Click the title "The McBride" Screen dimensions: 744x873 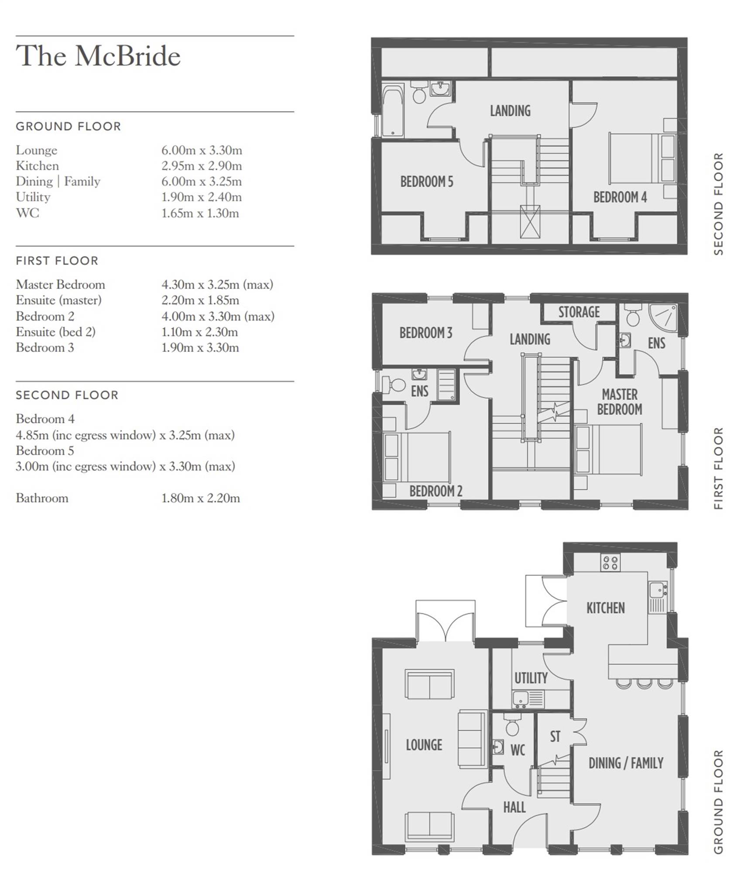(x=98, y=56)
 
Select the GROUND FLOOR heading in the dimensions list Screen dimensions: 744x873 (x=69, y=127)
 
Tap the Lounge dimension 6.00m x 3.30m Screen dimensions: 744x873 (x=202, y=150)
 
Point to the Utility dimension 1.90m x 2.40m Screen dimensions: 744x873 (x=202, y=197)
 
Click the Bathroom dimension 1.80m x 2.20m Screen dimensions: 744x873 (x=201, y=498)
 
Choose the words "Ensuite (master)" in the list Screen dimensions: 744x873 (x=59, y=300)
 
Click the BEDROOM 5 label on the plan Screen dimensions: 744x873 (x=427, y=182)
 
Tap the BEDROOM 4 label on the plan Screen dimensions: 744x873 (x=620, y=197)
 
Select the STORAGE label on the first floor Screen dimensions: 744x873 (x=579, y=312)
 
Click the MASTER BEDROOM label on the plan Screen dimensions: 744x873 (x=620, y=402)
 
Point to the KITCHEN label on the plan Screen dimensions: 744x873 (x=605, y=608)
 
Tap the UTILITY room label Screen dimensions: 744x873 (x=531, y=678)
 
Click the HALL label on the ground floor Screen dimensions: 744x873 (x=514, y=808)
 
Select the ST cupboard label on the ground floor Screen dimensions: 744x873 (x=555, y=737)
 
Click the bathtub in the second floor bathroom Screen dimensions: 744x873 (x=393, y=111)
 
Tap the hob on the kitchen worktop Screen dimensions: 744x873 (x=610, y=562)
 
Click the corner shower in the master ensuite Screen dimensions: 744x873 (x=664, y=318)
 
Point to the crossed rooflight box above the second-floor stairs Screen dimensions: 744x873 (x=530, y=222)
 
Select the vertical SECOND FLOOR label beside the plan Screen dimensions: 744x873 (x=718, y=204)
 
